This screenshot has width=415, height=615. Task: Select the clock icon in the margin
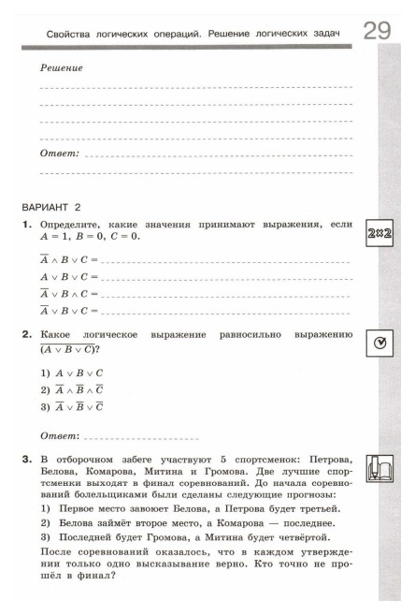click(x=379, y=344)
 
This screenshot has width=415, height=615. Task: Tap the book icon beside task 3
click(x=379, y=467)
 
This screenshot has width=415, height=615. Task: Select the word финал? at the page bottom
click(x=101, y=575)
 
